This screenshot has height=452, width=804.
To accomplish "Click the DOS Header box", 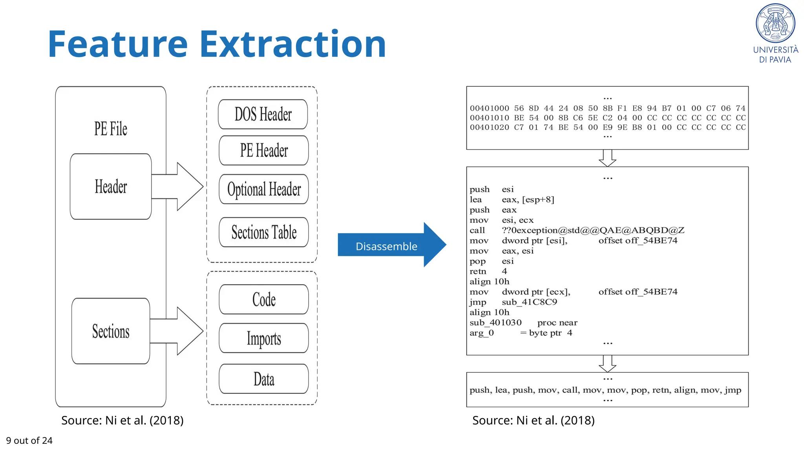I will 263,114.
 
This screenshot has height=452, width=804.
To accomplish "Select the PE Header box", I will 264,151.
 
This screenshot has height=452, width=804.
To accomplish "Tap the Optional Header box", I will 264,189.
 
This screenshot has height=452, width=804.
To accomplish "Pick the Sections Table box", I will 264,232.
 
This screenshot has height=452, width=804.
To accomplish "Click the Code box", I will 264,299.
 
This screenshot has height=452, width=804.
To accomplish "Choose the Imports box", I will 264,338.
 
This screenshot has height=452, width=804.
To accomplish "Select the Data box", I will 264,379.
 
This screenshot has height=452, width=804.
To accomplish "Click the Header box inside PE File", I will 111,187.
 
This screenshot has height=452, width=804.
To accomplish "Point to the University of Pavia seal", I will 775,24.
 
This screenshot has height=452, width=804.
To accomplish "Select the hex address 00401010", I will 489,118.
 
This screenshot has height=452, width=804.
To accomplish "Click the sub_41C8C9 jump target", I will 529,302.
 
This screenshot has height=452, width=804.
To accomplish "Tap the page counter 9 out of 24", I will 29,441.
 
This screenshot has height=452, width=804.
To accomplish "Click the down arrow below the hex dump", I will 607,158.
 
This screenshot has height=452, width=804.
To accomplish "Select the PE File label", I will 111,129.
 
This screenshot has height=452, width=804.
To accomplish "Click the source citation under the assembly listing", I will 533,420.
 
